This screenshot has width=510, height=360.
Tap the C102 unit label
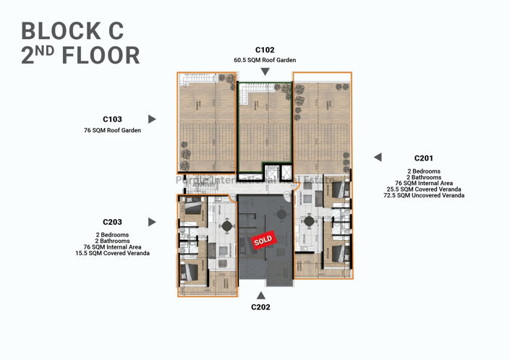265,50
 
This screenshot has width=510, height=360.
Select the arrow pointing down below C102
265,71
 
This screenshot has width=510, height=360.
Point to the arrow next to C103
152,119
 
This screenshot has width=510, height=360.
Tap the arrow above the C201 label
377,157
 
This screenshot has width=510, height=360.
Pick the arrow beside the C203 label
152,222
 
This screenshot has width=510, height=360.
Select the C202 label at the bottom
261,307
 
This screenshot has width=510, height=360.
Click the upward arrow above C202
261,294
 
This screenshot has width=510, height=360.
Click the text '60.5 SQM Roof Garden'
265,59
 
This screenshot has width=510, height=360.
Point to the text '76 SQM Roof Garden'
112,131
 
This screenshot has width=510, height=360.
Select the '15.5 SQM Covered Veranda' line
112,254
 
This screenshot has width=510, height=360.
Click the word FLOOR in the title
98,55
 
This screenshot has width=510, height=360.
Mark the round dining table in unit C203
227,226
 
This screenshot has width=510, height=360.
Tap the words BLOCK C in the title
72,30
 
